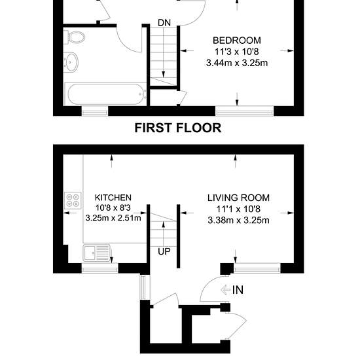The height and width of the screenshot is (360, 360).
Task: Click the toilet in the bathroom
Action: click(75, 37)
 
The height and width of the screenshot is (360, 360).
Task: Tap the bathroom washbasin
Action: click(71, 62)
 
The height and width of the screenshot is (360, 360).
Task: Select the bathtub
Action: click(106, 94)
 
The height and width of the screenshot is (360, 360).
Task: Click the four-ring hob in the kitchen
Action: click(73, 200)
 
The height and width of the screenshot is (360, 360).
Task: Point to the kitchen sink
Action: click(97, 253)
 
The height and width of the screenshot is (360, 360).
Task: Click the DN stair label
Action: click(164, 23)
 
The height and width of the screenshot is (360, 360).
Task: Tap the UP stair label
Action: click(164, 251)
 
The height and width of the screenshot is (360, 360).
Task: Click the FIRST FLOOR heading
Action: click(178, 128)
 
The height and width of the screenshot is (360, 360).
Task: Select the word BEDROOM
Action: click(237, 41)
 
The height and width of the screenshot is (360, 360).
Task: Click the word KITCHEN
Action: click(113, 198)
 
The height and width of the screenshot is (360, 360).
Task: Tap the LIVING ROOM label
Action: click(238, 198)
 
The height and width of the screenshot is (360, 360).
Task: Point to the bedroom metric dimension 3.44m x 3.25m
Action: click(237, 63)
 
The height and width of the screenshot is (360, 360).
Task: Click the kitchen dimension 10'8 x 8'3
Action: click(113, 207)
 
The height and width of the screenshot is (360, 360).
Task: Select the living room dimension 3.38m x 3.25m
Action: click(238, 221)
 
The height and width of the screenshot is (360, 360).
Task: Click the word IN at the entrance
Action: click(238, 290)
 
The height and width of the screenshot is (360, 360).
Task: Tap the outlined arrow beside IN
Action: click(225, 290)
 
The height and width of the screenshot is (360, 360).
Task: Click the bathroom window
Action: click(95, 111)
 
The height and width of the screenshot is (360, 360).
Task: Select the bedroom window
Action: click(245, 111)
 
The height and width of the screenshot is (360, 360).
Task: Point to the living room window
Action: click(257, 268)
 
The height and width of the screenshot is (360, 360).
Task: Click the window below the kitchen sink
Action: click(100, 268)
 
